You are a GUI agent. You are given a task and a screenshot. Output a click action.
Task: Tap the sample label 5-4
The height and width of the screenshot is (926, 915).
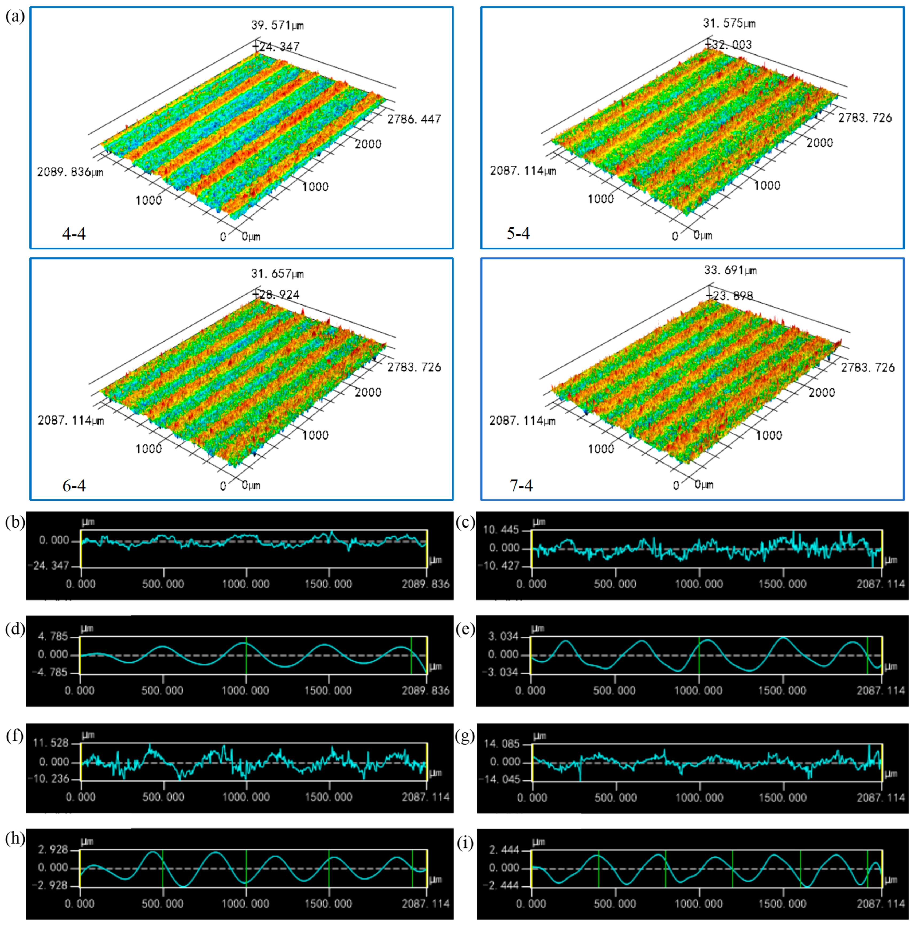pos(518,233)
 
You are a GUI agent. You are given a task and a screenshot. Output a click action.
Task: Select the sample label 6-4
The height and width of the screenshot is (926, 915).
pos(74,485)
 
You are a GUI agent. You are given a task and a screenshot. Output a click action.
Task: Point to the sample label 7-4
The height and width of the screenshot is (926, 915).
pos(521,485)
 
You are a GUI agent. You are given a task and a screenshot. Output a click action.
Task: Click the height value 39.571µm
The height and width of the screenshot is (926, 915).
pos(277,25)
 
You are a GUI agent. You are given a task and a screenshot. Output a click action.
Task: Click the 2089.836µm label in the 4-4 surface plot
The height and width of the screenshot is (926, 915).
pos(70,172)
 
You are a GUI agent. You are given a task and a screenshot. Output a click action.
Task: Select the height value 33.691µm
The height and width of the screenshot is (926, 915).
pos(730,270)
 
